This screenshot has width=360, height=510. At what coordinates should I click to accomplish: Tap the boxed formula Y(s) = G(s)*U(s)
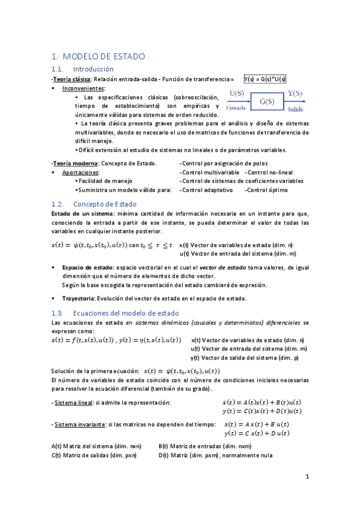265,79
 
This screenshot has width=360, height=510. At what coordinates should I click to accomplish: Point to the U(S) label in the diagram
237,93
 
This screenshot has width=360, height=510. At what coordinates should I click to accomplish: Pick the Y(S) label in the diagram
295,93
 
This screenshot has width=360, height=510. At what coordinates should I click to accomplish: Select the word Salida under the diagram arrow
295,109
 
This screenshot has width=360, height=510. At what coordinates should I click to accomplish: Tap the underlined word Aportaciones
81,172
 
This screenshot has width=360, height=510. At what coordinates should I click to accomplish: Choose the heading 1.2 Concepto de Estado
105,204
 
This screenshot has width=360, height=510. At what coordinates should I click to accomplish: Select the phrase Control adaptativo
207,189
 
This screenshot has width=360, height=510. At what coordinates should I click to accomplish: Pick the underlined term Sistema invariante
79,425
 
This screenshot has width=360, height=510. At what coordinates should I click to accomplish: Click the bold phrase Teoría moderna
75,163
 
